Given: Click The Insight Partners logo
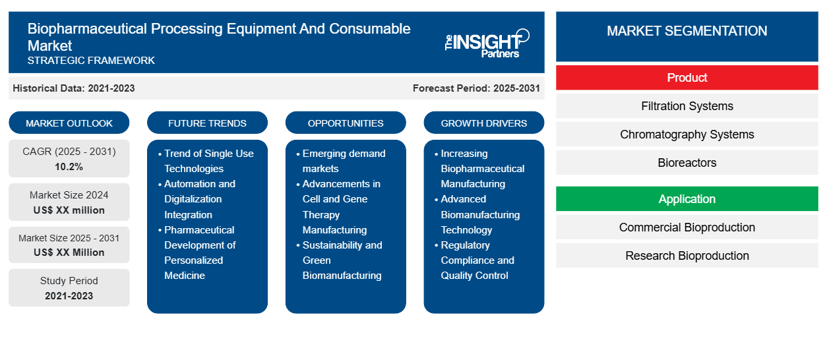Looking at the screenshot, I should pyautogui.click(x=487, y=43).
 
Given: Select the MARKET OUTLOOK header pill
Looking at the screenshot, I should pyautogui.click(x=69, y=123).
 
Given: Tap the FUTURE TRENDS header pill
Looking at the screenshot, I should pyautogui.click(x=207, y=123).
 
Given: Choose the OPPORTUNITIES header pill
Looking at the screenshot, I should pyautogui.click(x=346, y=123).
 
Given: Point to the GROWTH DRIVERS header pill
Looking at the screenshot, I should pyautogui.click(x=484, y=123).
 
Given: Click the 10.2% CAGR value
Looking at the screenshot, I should pyautogui.click(x=69, y=167).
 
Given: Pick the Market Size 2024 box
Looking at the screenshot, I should pyautogui.click(x=69, y=202).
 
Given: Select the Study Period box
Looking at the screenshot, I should pyautogui.click(x=69, y=288).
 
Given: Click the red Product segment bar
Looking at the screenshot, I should pyautogui.click(x=687, y=78).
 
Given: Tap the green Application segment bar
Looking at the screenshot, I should pyautogui.click(x=687, y=199).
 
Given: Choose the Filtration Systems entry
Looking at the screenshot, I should pyautogui.click(x=687, y=106).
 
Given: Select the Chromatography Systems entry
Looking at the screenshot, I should pyautogui.click(x=687, y=135).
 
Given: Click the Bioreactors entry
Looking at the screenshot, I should pyautogui.click(x=687, y=163).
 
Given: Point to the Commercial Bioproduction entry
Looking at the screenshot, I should pyautogui.click(x=687, y=227).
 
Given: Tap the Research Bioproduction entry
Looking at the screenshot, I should pyautogui.click(x=687, y=256).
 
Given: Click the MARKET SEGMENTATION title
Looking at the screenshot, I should pyautogui.click(x=687, y=31).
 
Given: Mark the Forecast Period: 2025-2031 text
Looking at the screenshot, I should pyautogui.click(x=476, y=88).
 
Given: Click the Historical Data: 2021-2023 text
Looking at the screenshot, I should pyautogui.click(x=74, y=88).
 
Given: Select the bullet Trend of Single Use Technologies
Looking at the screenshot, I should pyautogui.click(x=208, y=161).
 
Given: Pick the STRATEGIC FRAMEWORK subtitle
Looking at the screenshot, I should pyautogui.click(x=91, y=61).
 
